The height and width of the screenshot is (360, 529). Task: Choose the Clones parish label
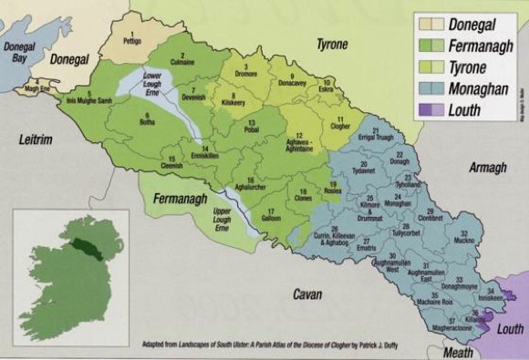(304, 198)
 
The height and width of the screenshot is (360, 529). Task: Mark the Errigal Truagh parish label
(377, 137)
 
